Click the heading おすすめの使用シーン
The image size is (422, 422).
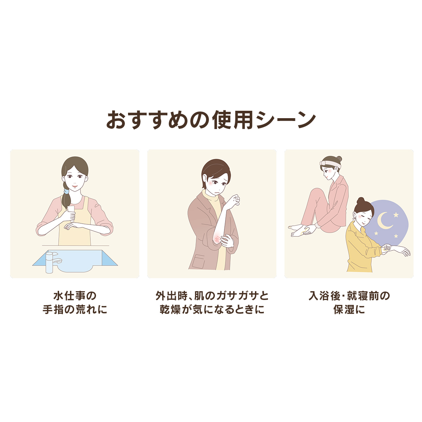coord(211,120)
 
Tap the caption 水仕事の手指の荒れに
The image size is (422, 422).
coord(75,302)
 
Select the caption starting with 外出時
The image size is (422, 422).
coord(212,302)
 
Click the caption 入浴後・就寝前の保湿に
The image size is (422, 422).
coord(349,302)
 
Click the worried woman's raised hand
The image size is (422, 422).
coord(235,199)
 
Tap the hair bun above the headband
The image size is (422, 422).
coord(339,159)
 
